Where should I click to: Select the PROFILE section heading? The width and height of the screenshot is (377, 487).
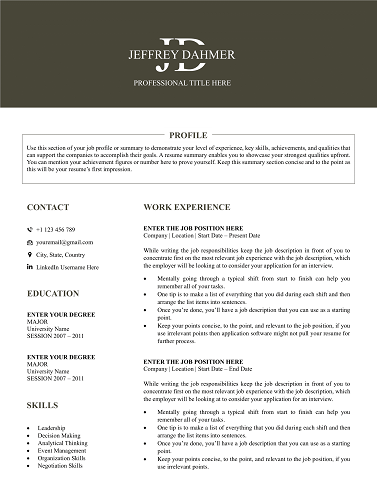tap(188, 134)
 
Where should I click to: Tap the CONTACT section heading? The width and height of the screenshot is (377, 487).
tap(48, 207)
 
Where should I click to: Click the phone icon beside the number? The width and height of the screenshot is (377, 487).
tap(30, 229)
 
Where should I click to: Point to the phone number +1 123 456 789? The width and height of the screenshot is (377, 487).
tap(56, 229)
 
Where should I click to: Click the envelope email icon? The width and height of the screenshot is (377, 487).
tap(30, 242)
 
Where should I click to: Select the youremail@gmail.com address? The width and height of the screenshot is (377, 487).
tap(64, 242)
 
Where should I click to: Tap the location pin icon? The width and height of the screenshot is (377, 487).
tap(30, 255)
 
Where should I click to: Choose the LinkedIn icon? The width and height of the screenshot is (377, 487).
tap(30, 268)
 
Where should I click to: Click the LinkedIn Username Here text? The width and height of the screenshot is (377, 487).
tap(67, 268)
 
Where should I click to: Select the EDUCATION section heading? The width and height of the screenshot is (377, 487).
tap(54, 294)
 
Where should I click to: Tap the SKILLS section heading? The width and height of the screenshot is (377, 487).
tap(42, 405)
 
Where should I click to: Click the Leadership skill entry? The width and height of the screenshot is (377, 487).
tap(52, 428)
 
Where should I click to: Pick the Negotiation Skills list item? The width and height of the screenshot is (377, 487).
tap(61, 466)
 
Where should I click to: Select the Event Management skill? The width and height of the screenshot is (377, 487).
tap(62, 451)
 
